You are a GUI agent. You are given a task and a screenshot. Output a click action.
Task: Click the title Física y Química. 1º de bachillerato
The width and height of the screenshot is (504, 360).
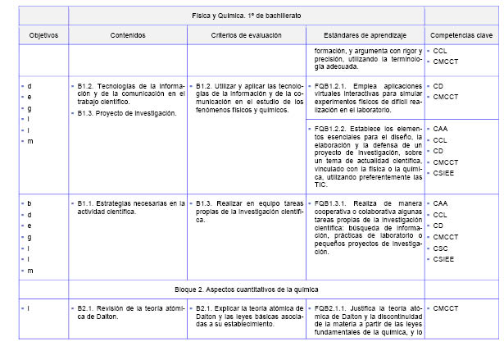point(246,16)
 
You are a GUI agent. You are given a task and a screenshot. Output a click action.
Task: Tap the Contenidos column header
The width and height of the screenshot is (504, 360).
point(127,36)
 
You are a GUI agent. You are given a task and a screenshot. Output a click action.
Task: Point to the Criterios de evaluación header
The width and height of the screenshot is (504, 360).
point(246,36)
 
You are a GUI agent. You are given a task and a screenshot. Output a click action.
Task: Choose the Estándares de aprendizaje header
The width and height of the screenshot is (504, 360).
point(365,36)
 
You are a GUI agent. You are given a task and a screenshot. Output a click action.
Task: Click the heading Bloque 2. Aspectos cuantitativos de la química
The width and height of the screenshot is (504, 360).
point(246,289)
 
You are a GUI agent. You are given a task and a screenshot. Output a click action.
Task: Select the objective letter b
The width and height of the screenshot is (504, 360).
point(30,203)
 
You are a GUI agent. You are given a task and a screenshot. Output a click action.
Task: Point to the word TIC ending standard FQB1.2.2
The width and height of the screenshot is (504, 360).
point(320,185)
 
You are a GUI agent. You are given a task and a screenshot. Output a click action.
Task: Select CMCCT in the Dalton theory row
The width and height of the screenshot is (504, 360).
point(447,308)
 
